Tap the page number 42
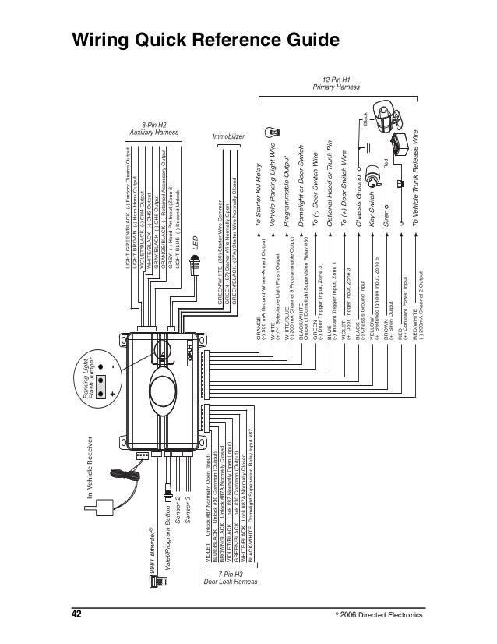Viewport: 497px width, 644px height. (x=76, y=614)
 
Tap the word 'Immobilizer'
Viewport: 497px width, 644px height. (x=229, y=136)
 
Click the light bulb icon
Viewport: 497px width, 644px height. (x=272, y=132)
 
